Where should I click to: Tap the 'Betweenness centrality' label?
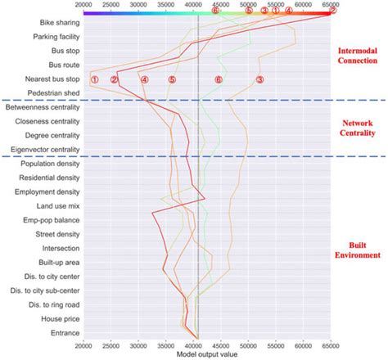[x=43, y=107]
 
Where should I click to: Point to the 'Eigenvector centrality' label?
[x=44, y=150]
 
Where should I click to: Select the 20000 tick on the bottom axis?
[x=83, y=345]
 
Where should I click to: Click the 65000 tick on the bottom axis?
[x=331, y=345]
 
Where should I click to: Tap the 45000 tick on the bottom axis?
[x=221, y=345]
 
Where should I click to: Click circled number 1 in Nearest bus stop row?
[x=95, y=79]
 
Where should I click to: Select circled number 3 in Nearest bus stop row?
[x=259, y=79]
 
